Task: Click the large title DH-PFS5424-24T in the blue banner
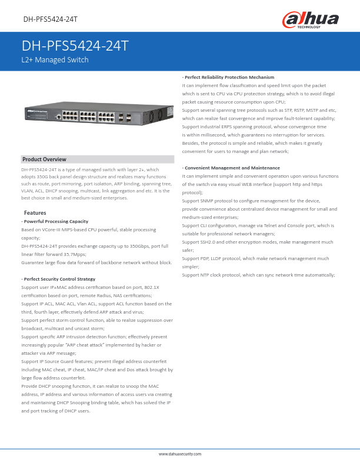click(75, 46)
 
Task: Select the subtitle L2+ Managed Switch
click(55, 60)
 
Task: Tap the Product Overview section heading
click(44, 159)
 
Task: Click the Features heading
click(35, 212)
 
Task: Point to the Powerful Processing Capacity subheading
click(55, 221)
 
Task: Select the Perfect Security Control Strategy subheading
click(58, 279)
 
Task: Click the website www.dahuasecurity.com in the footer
click(180, 454)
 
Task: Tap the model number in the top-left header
click(51, 19)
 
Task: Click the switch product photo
click(98, 115)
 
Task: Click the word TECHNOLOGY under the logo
click(309, 27)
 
